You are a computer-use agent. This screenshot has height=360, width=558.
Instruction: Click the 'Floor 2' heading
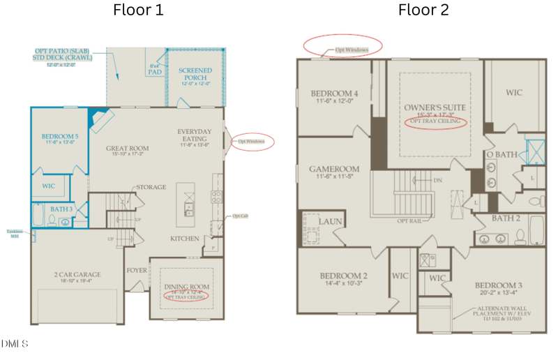pyautogui.click(x=423, y=10)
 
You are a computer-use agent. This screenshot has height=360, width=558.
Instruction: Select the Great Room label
pyautogui.click(x=127, y=148)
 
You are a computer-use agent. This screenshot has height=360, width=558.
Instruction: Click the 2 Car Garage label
pyautogui.click(x=77, y=275)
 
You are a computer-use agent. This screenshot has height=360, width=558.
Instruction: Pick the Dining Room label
pyautogui.click(x=186, y=287)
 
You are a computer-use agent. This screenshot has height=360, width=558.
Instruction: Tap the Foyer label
pyautogui.click(x=136, y=270)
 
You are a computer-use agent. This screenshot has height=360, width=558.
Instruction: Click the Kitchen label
pyautogui.click(x=185, y=239)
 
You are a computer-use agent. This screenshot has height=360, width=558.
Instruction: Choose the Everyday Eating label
pyautogui.click(x=195, y=135)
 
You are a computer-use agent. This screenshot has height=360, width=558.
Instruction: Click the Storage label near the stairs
pyautogui.click(x=151, y=187)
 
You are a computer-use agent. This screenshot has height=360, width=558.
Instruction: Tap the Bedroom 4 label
pyautogui.click(x=334, y=93)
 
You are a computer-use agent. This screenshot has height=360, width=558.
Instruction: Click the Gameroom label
pyautogui.click(x=335, y=169)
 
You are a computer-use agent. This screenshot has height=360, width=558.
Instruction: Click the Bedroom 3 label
pyautogui.click(x=499, y=286)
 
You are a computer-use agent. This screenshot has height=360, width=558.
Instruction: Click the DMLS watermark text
pyautogui.click(x=15, y=343)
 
